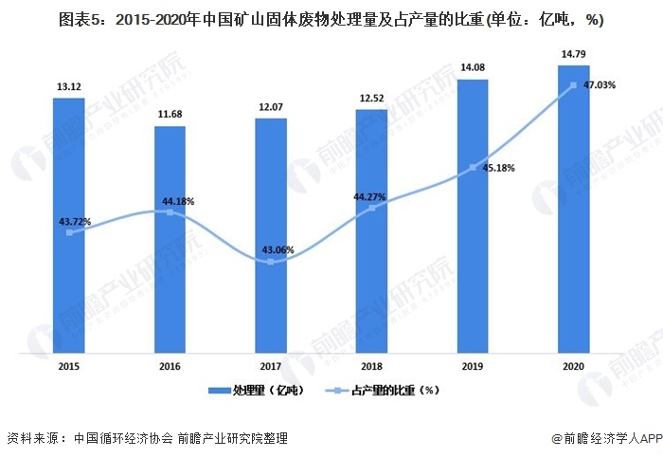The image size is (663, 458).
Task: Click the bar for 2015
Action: pyautogui.click(x=69, y=226)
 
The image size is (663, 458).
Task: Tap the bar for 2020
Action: pyautogui.click(x=573, y=209)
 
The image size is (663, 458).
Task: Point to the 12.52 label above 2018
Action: pyautogui.click(x=371, y=99)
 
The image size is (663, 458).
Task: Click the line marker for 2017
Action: pyautogui.click(x=271, y=262)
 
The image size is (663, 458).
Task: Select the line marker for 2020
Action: pyautogui.click(x=573, y=86)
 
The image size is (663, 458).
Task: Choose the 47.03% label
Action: pyautogui.click(x=600, y=85)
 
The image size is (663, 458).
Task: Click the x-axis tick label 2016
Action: pyautogui.click(x=170, y=365)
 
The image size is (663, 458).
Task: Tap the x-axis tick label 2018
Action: pyautogui.click(x=371, y=365)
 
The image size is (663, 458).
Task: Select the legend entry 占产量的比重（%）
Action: pyautogui.click(x=388, y=390)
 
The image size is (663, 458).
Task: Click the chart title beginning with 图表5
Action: pyautogui.click(x=331, y=19)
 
